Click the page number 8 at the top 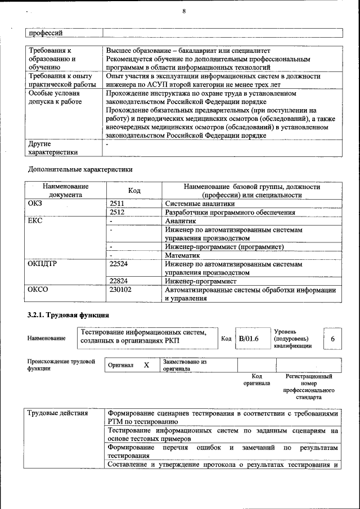point(183,11)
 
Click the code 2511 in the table point(117,204)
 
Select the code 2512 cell point(117,213)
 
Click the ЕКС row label point(35,221)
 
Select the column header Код point(134,191)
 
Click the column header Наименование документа point(65,191)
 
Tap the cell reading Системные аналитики point(200,204)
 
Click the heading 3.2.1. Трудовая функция point(67,314)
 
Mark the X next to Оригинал point(146,365)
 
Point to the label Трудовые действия point(58,414)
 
